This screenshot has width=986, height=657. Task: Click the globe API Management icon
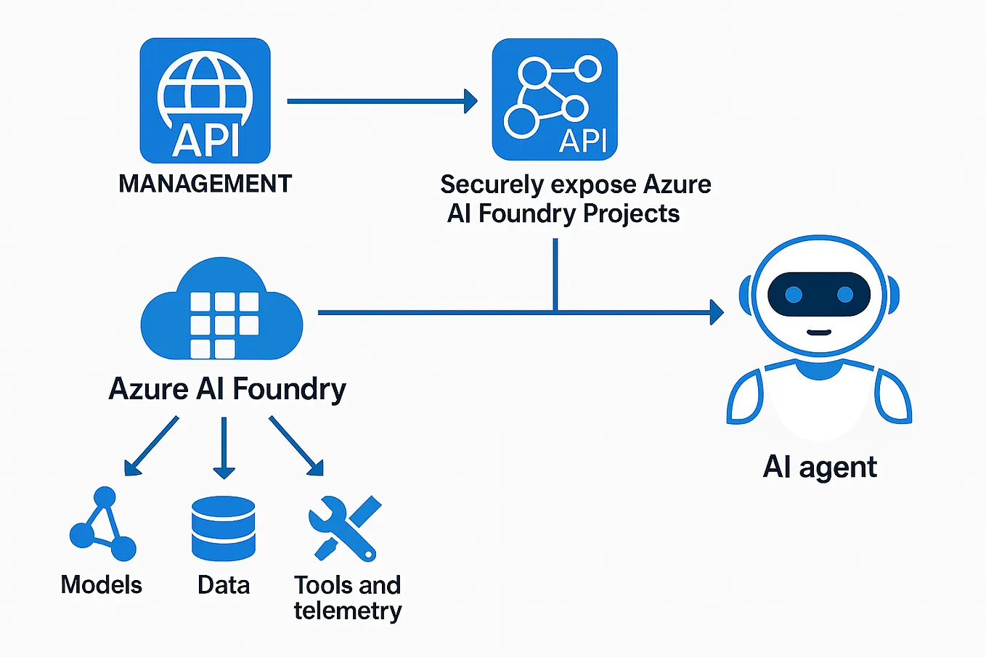(205, 100)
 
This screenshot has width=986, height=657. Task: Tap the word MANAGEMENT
(205, 184)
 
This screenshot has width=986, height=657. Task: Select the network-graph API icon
(555, 99)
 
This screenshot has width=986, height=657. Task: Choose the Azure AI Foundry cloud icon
(221, 311)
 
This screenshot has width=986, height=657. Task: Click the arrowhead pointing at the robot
(716, 313)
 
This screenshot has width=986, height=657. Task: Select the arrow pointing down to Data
(224, 447)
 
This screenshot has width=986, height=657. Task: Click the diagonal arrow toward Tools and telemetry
(296, 446)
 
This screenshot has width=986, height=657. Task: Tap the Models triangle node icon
(102, 525)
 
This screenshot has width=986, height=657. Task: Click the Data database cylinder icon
(224, 528)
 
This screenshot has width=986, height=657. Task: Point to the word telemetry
(348, 611)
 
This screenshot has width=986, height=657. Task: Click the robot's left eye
(794, 295)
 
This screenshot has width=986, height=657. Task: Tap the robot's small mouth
(819, 332)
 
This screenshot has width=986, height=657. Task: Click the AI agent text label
(820, 467)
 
